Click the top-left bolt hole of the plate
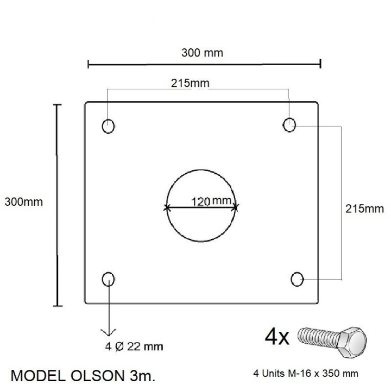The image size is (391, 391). tap(108, 126)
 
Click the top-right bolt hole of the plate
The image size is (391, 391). tap(289, 125)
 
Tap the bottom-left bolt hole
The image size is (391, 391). tap(108, 280)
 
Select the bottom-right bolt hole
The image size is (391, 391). tap(297, 279)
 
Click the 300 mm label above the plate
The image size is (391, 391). tap(202, 53)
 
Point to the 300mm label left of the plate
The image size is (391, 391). tap(23, 201)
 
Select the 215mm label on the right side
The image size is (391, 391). tap(364, 209)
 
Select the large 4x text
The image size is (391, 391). tap(277, 337)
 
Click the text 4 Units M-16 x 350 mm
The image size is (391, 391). tap(306, 374)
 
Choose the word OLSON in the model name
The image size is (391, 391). tap(97, 376)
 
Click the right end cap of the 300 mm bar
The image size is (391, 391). tap(321, 64)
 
